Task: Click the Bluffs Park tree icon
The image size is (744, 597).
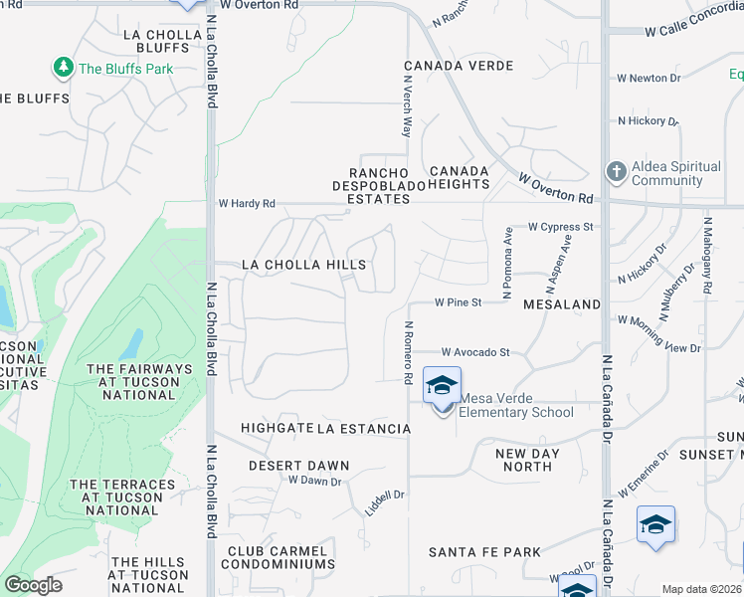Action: coord(64,68)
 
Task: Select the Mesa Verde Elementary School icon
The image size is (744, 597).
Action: coord(442,386)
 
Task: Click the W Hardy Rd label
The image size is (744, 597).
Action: coord(247,204)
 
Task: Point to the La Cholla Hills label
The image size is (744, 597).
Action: coord(304,265)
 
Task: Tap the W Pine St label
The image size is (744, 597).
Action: coord(458,301)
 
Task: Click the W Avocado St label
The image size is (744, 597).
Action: coord(475,352)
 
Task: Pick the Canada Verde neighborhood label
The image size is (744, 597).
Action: coord(458,66)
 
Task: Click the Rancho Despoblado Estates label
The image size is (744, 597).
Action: coord(371,185)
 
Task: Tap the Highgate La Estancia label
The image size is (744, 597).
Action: coord(325,429)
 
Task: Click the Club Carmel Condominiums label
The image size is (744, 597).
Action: coord(278,557)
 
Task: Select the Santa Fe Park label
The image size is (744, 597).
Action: coord(484,552)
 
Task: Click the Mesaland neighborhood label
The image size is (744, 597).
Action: coord(561,303)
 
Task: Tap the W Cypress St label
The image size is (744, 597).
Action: coord(560,227)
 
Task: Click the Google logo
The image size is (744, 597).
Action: coord(33,585)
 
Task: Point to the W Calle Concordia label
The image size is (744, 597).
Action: coord(692,31)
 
